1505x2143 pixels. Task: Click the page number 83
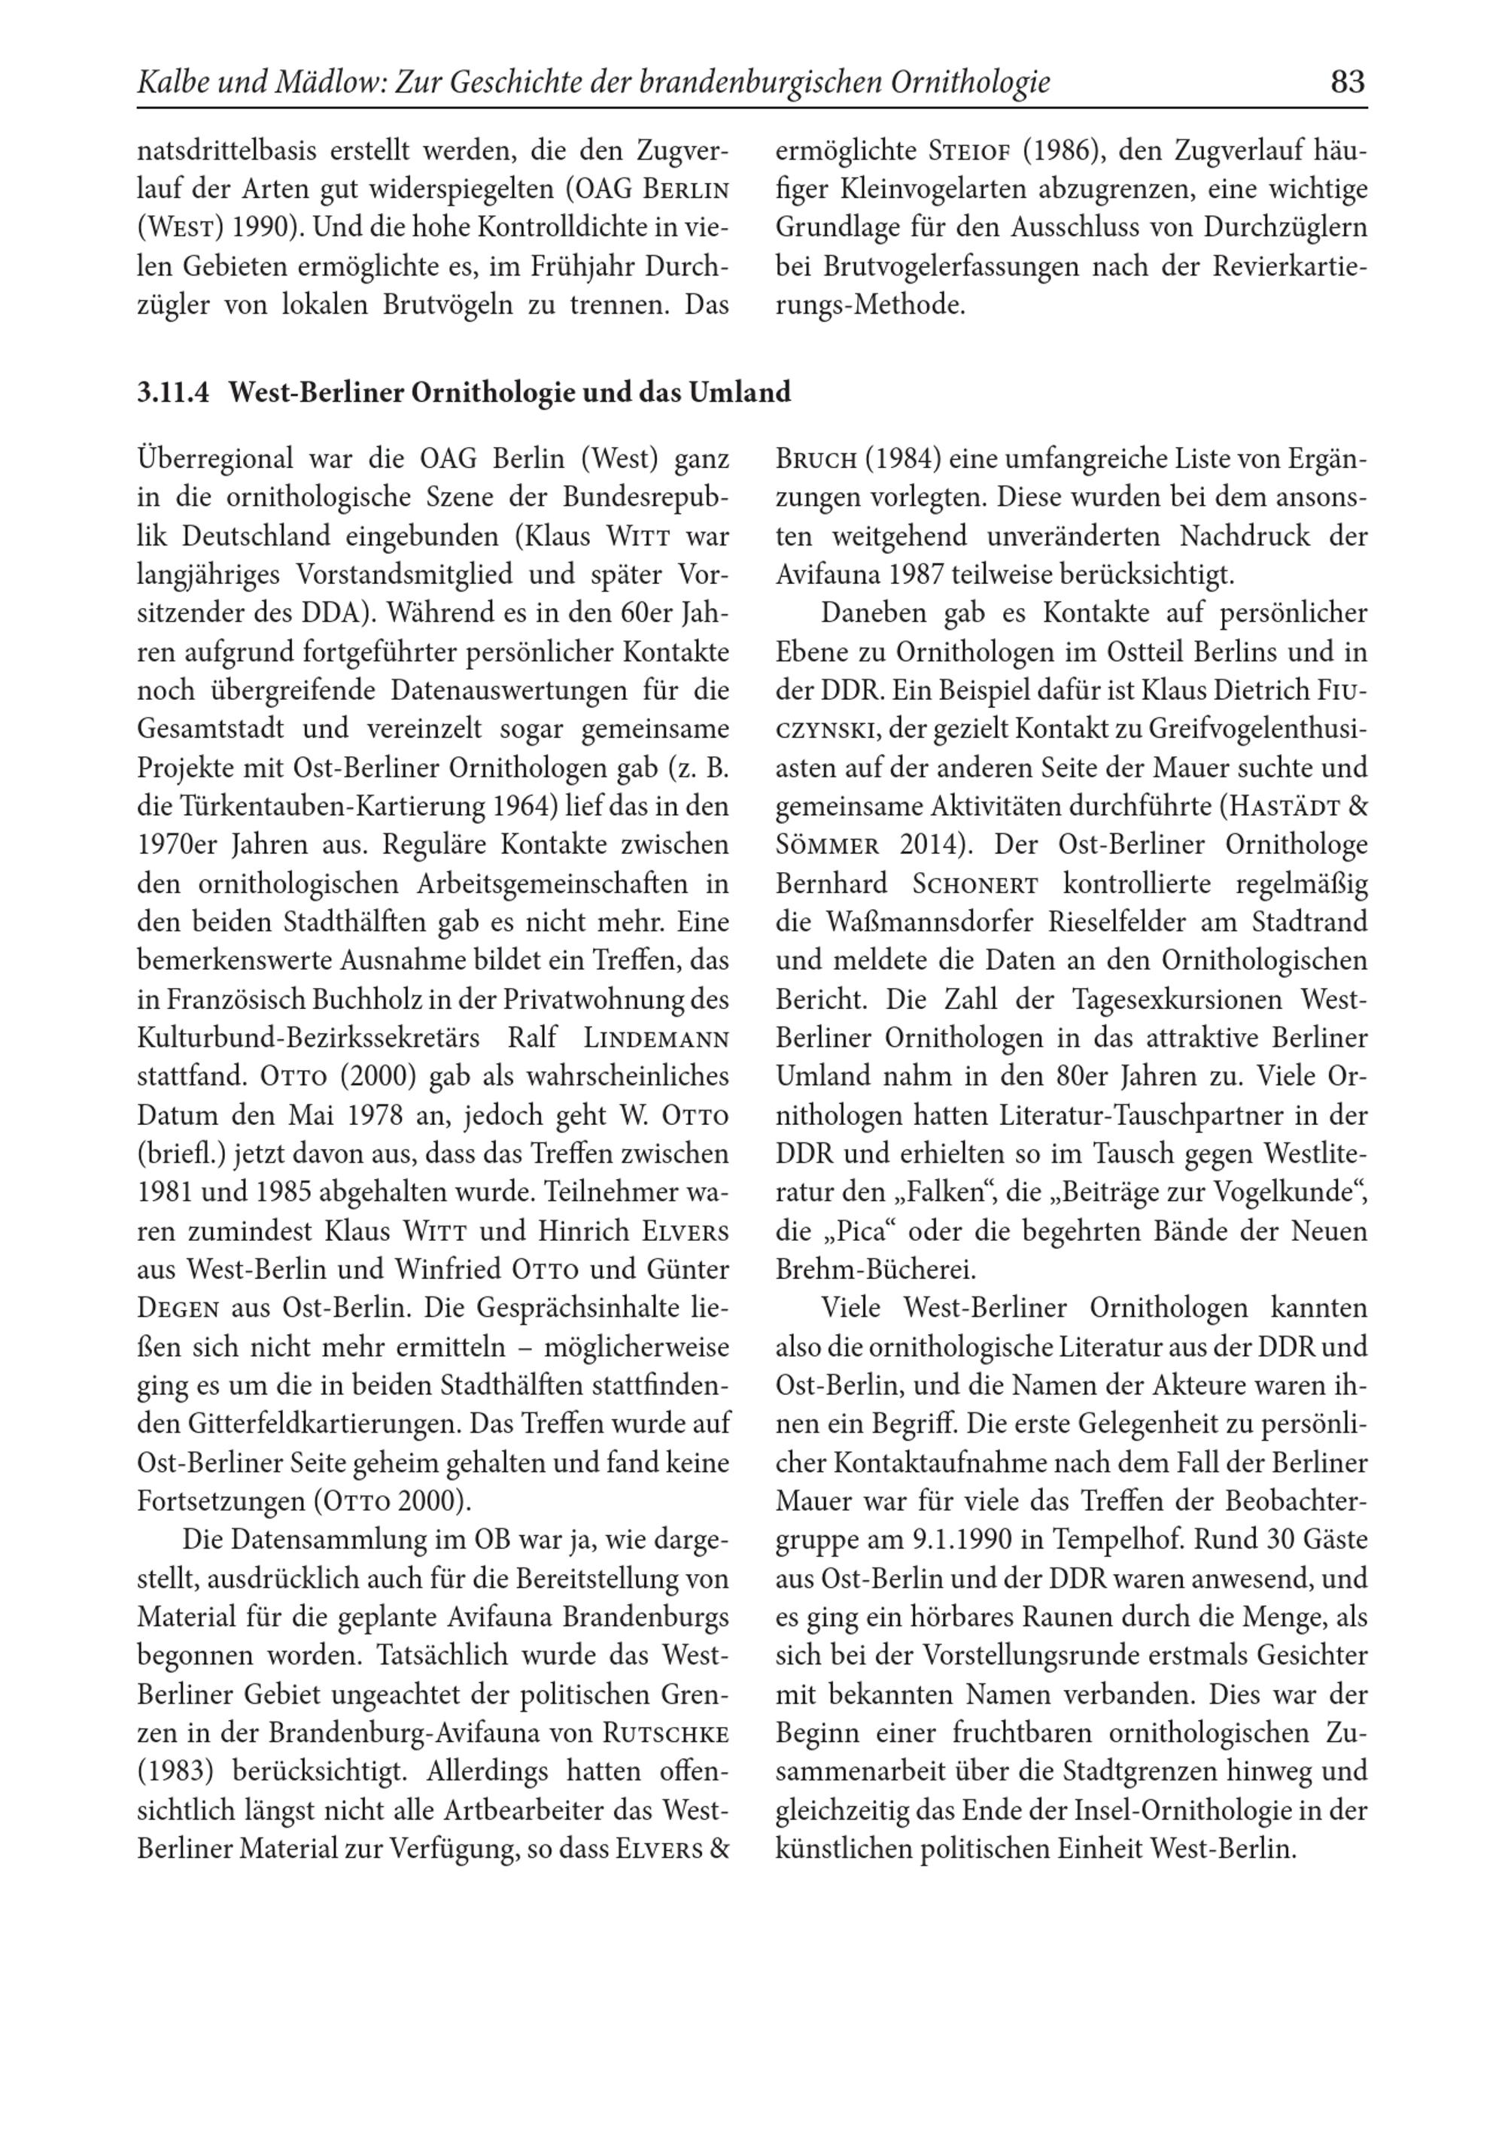click(x=1347, y=83)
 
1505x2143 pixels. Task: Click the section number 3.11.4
click(x=175, y=392)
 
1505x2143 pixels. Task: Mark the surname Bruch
click(x=816, y=459)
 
